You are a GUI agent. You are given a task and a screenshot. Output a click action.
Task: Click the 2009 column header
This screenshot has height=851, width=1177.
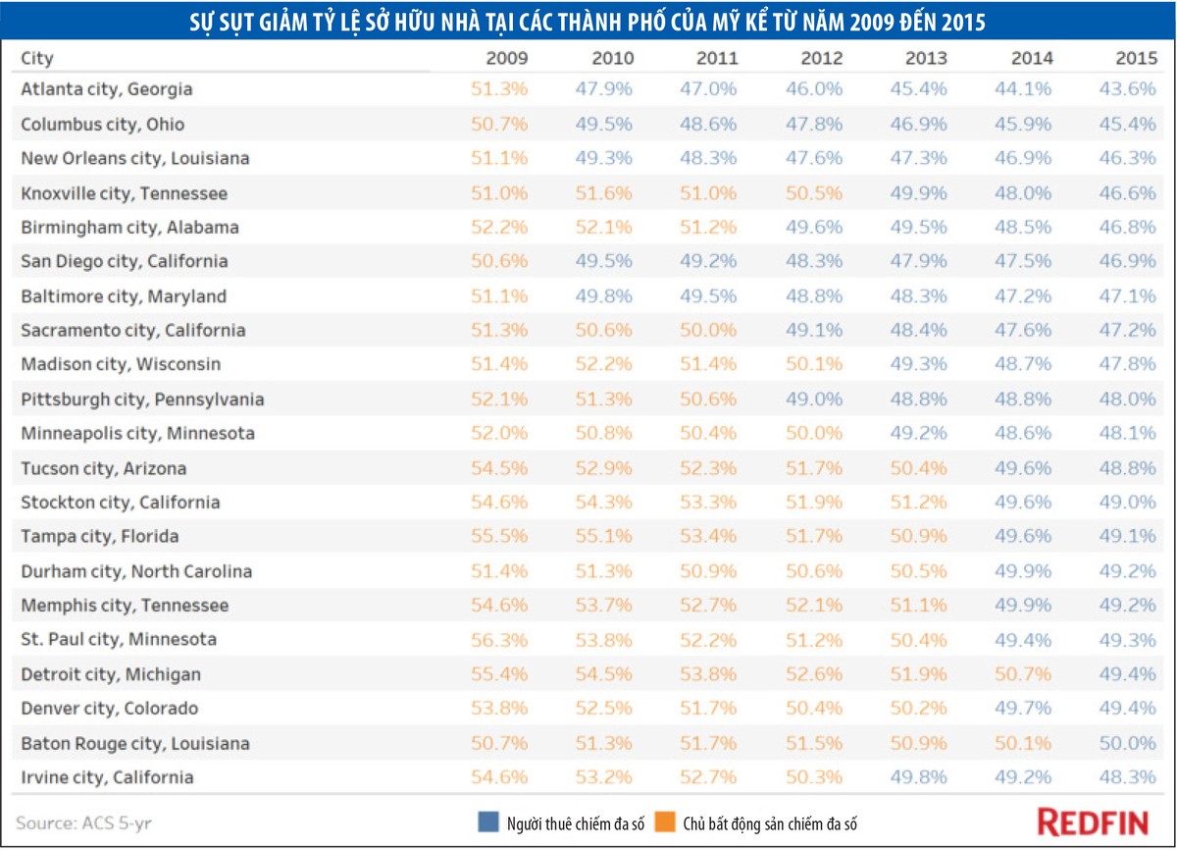(x=506, y=58)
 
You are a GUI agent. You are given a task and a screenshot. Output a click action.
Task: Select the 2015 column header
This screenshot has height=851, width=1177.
(x=1136, y=58)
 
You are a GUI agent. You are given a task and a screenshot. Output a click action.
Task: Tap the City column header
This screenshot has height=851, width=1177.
(x=37, y=58)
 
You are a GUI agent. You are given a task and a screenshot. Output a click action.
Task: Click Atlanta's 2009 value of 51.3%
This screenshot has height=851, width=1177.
(x=498, y=89)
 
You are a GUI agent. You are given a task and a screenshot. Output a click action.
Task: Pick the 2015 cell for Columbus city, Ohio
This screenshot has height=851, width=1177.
(x=1128, y=124)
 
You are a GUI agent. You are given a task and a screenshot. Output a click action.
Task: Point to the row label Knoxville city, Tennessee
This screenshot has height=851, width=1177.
(x=124, y=193)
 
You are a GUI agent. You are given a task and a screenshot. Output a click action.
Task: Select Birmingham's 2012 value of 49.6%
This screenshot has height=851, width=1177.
(x=814, y=227)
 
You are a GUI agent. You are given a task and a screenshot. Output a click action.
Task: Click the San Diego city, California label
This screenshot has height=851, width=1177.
(x=125, y=261)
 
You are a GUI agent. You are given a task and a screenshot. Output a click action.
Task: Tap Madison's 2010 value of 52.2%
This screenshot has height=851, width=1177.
(x=603, y=364)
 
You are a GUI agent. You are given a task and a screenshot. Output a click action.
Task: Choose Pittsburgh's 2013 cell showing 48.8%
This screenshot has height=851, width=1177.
(x=918, y=399)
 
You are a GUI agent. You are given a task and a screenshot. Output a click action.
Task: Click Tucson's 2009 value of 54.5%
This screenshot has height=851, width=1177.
(x=498, y=468)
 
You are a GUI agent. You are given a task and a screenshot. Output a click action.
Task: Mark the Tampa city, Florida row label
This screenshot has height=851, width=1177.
(x=100, y=537)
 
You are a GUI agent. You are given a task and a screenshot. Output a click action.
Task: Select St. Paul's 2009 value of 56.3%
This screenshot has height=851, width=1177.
(x=498, y=640)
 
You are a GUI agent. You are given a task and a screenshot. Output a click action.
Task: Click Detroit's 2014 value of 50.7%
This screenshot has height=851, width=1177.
(x=1022, y=673)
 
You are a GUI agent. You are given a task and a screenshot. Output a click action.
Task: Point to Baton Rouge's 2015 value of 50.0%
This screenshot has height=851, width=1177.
(x=1128, y=743)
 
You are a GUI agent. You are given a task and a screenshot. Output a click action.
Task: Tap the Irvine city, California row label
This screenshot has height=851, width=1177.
(x=107, y=777)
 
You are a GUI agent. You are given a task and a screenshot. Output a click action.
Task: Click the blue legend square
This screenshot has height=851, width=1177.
(x=488, y=823)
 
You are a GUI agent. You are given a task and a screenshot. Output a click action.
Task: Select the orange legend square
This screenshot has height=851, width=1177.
(x=665, y=823)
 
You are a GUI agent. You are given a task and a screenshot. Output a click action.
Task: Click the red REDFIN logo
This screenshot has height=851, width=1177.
(x=1093, y=823)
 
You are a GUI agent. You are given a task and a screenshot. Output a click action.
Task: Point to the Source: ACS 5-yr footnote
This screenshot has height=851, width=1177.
(x=83, y=824)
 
